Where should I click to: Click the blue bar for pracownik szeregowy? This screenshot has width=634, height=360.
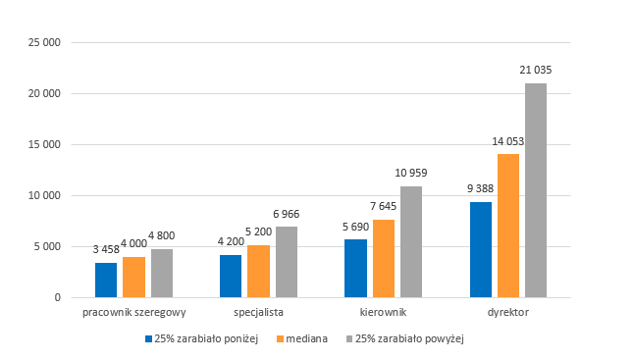pos(106,280)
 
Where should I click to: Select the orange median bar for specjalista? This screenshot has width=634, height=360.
pos(258,271)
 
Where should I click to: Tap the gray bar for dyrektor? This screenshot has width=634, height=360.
pos(536,190)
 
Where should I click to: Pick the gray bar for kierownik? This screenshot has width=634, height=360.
pos(411,242)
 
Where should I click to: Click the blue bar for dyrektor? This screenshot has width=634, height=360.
pos(481,250)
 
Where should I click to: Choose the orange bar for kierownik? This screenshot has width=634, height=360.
pos(384,259)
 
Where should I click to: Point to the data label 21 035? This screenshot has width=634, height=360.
pos(536,70)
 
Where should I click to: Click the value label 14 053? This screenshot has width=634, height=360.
pos(507,141)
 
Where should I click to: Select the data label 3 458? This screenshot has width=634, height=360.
pos(106,249)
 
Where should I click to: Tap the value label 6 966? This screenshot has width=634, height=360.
pos(287,214)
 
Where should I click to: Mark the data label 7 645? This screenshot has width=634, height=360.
pos(384,206)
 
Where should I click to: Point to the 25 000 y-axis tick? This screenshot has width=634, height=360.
pos(44,42)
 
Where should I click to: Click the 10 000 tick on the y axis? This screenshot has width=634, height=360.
pos(44,195)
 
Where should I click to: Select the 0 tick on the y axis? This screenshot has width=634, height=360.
pos(58,298)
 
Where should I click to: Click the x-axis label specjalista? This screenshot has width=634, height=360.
pos(258,312)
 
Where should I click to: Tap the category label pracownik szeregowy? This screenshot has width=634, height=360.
pos(134,312)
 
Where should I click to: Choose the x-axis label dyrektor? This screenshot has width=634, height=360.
pos(508,312)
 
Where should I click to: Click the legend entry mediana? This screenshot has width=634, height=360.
pos(302,338)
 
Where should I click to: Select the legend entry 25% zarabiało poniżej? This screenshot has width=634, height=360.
pos(202,338)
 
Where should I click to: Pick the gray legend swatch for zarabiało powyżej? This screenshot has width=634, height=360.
pos(349,338)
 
